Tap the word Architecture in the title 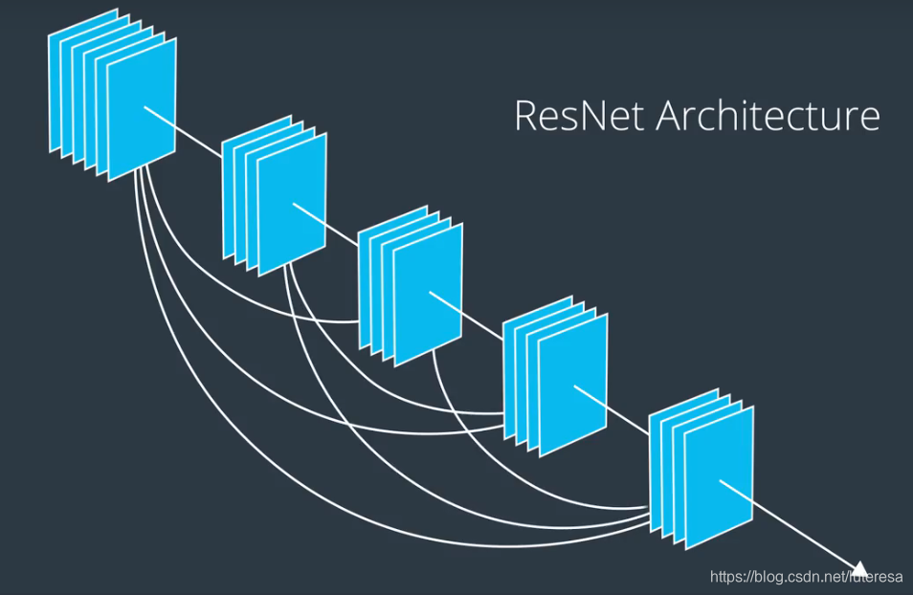click(x=768, y=117)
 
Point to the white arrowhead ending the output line click(x=859, y=568)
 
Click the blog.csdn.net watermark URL click(x=806, y=577)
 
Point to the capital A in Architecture click(x=673, y=117)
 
